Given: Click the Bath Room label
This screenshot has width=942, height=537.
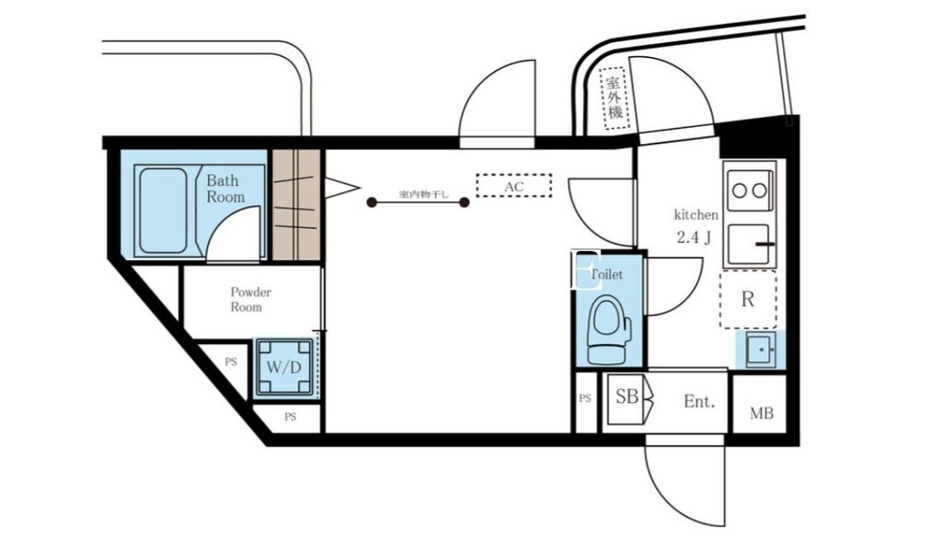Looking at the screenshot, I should pyautogui.click(x=225, y=189).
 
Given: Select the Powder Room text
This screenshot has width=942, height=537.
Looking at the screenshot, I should pyautogui.click(x=250, y=300).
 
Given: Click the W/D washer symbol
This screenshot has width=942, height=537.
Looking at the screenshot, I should pyautogui.click(x=284, y=367).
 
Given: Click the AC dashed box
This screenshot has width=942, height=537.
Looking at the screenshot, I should pyautogui.click(x=513, y=186).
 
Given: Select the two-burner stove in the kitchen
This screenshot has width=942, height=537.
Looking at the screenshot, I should pyautogui.click(x=747, y=191).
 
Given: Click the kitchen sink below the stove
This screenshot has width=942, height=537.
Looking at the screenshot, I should pyautogui.click(x=750, y=245).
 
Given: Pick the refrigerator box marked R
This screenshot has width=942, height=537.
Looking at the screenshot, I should pyautogui.click(x=747, y=300).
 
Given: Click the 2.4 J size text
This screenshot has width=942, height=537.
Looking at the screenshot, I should pyautogui.click(x=695, y=237).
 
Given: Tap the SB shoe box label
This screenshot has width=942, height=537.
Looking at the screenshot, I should pyautogui.click(x=626, y=398).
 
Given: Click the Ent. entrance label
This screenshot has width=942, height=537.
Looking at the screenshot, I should pyautogui.click(x=698, y=402).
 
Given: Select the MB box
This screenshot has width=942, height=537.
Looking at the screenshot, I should pyautogui.click(x=760, y=414).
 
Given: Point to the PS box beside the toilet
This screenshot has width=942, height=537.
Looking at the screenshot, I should pyautogui.click(x=585, y=400).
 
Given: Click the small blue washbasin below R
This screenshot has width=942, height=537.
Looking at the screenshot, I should pyautogui.click(x=760, y=350).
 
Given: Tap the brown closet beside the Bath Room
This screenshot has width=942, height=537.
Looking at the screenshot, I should pyautogui.click(x=295, y=205).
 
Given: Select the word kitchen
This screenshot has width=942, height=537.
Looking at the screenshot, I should pyautogui.click(x=695, y=214).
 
